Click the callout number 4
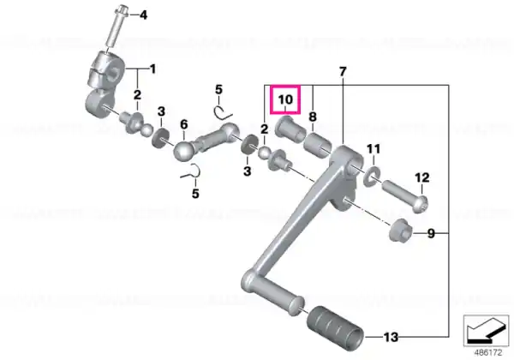click(144, 15)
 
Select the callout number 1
click(152, 69)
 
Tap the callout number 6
click(184, 124)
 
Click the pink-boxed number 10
click(285, 99)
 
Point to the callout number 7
click(342, 71)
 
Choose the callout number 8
click(313, 117)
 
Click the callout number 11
click(374, 149)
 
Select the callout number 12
click(421, 177)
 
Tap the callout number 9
click(431, 233)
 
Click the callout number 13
click(391, 337)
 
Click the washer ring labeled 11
click(372, 175)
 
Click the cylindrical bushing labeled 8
click(317, 145)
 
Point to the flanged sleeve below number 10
click(290, 129)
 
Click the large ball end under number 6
click(184, 151)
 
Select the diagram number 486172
click(488, 353)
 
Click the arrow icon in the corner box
click(486, 330)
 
